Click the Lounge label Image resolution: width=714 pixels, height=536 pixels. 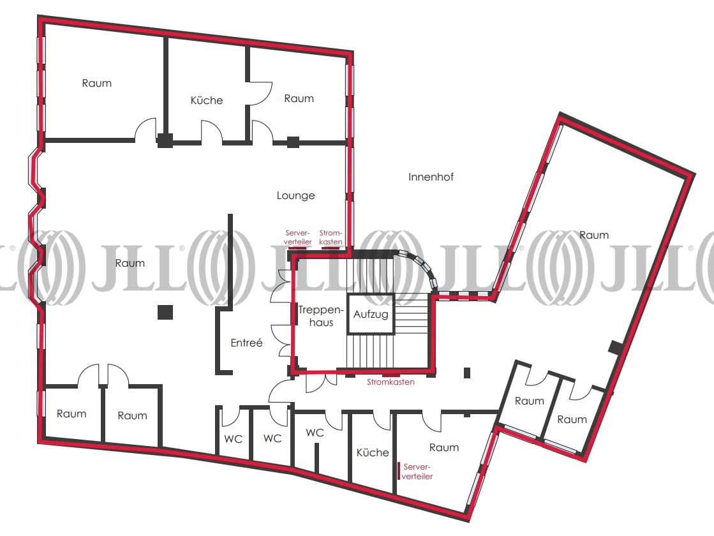295,196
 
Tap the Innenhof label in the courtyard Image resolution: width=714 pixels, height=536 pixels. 431,177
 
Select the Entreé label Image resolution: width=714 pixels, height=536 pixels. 246,343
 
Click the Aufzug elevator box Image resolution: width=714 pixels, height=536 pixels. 370,314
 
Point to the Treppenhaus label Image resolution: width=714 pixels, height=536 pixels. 321,316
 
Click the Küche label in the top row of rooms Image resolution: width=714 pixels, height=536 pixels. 206,100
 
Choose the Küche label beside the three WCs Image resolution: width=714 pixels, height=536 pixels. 373,452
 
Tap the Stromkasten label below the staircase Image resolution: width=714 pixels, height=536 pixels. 390,382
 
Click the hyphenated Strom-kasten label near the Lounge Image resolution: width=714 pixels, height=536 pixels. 331,237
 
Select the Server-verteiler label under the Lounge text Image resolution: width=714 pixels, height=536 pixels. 297,237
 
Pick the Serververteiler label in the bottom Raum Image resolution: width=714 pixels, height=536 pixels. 417,472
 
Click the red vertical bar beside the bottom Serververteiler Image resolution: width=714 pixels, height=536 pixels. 399,471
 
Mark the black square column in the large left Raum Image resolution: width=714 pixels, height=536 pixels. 165,312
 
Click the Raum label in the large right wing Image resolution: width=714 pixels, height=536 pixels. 594,235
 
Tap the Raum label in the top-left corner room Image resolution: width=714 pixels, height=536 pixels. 96,83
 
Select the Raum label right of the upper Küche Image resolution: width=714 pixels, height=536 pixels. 299,98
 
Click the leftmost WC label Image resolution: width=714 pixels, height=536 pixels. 233,439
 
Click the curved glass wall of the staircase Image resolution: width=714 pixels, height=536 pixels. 421,267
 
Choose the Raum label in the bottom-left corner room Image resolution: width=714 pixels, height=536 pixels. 71,413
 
